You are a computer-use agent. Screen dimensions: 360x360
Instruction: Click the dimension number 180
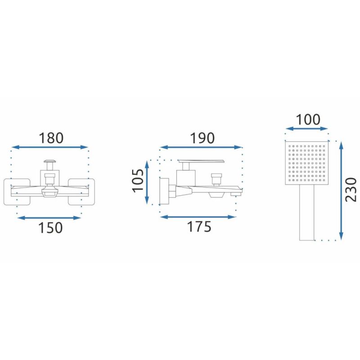click(x=51, y=138)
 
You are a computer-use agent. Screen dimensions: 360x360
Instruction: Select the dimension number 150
click(x=50, y=228)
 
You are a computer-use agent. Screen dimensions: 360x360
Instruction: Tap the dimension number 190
click(x=202, y=138)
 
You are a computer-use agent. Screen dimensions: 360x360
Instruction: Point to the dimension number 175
click(x=199, y=226)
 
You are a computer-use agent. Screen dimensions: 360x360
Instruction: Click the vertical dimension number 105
click(x=138, y=180)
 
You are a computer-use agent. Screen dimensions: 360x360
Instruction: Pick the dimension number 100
click(x=308, y=120)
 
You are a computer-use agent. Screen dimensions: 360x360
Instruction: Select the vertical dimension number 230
click(x=351, y=189)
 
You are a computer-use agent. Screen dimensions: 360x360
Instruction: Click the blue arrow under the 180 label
click(x=50, y=148)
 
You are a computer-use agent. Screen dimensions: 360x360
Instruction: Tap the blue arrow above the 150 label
click(x=49, y=218)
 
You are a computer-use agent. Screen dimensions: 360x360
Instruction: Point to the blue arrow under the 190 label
click(x=201, y=148)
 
